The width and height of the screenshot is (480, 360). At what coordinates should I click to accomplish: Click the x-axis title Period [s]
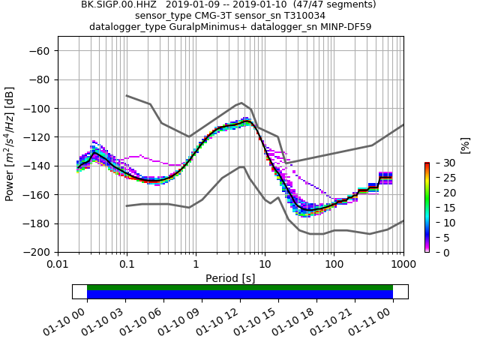[x=230, y=277]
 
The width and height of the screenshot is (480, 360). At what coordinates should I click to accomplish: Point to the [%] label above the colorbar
[x=464, y=145]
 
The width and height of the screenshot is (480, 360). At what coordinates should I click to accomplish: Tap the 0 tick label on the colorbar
[x=437, y=253]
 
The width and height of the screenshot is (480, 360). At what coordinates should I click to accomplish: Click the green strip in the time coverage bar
[x=240, y=287]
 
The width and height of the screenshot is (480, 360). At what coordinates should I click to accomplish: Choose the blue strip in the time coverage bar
[x=240, y=294]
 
